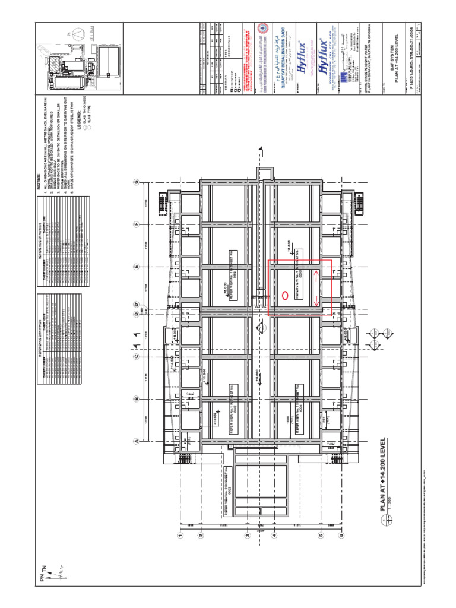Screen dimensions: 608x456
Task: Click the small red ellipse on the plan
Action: [x=284, y=294]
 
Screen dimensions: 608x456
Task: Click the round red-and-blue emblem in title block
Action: [x=264, y=27]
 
